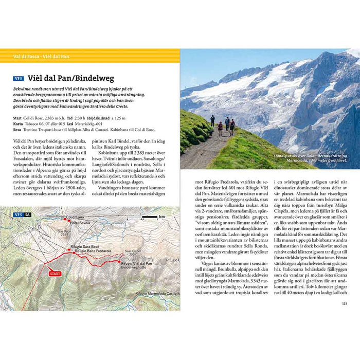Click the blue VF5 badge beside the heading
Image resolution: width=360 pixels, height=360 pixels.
(19, 79)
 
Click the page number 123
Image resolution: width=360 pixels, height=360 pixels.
(344, 303)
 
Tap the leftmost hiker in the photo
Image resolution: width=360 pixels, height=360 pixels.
(212, 120)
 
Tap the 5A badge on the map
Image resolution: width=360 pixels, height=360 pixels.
(27, 214)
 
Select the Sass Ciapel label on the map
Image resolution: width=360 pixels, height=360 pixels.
(133, 252)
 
